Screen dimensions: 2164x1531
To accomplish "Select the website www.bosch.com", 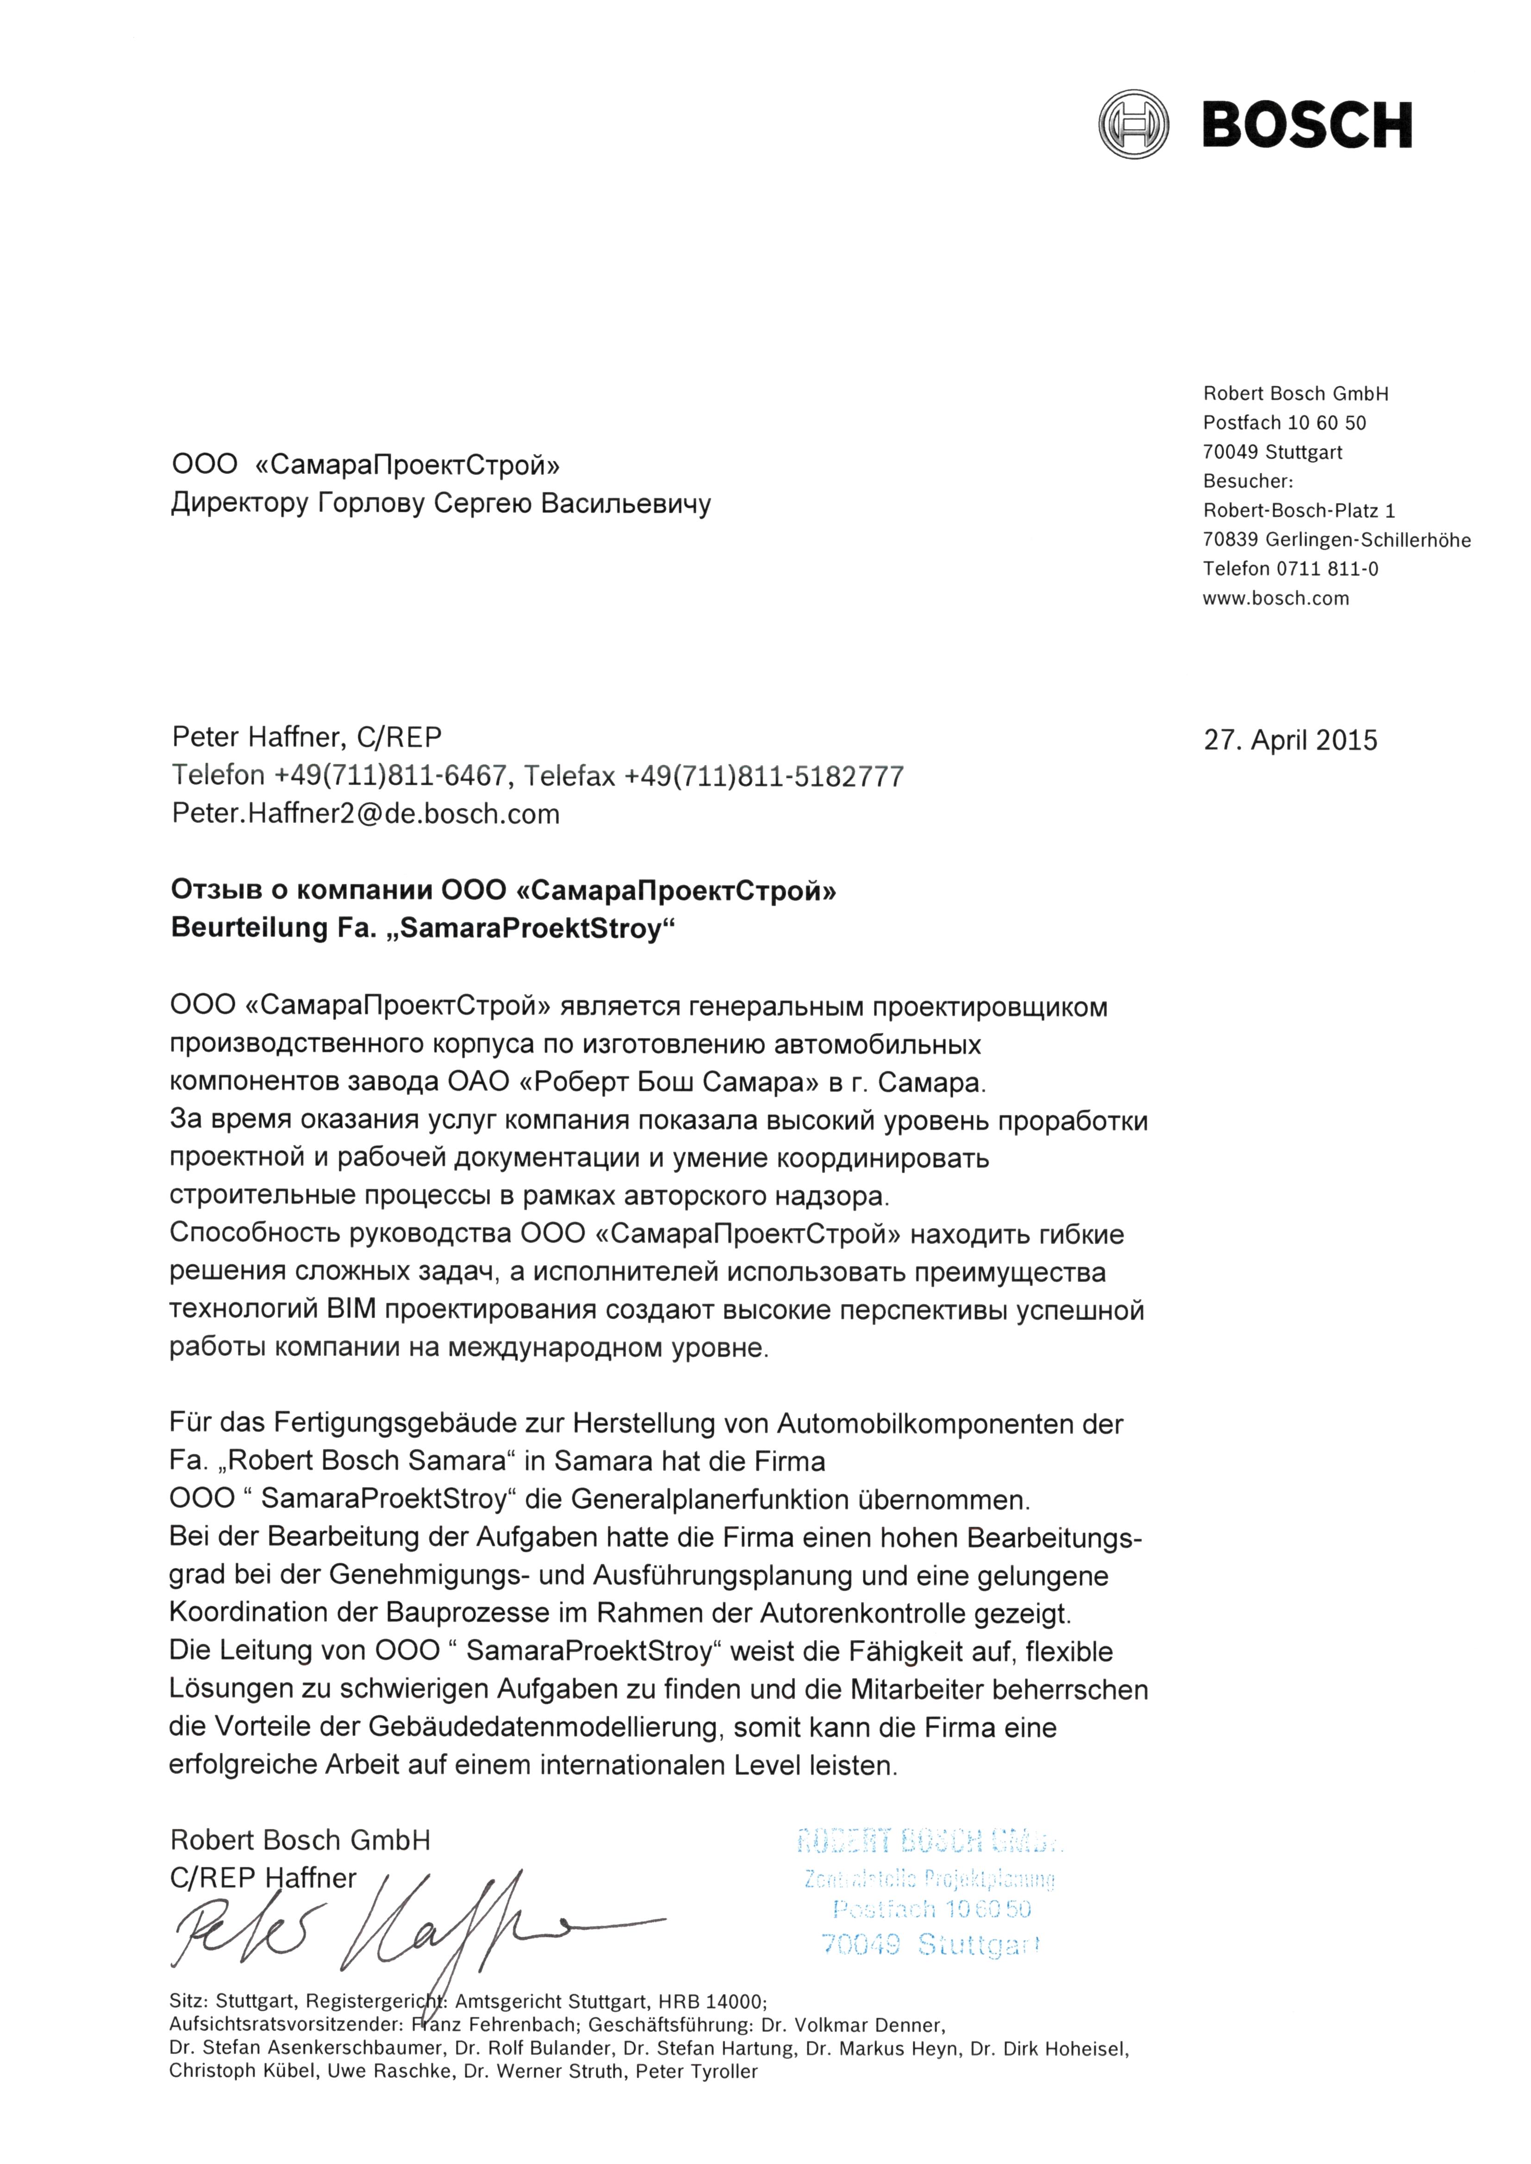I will click(x=1275, y=598).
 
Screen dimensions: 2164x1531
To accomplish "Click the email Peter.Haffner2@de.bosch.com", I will click(x=366, y=815).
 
